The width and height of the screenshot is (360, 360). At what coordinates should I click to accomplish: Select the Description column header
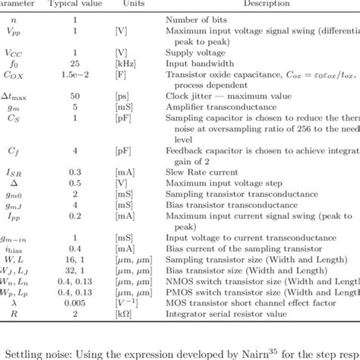(x=264, y=4)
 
